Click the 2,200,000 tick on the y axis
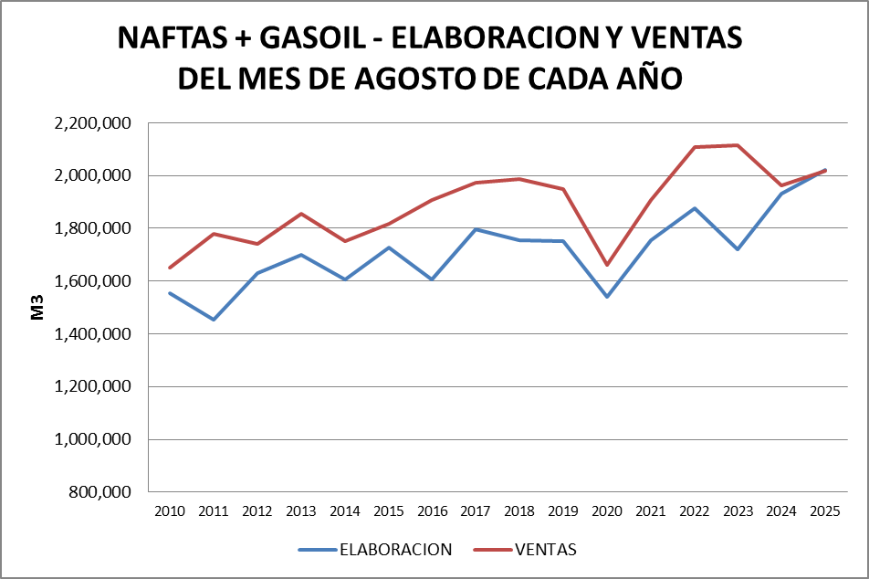pyautogui.click(x=93, y=123)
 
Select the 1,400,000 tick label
pyautogui.click(x=93, y=334)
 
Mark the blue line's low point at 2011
pyautogui.click(x=214, y=320)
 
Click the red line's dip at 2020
pyautogui.click(x=606, y=265)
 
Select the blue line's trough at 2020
pyautogui.click(x=606, y=297)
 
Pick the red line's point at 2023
pyautogui.click(x=738, y=145)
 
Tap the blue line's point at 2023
pyautogui.click(x=738, y=249)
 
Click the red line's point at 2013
pyautogui.click(x=301, y=214)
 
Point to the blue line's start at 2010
pyautogui.click(x=170, y=293)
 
